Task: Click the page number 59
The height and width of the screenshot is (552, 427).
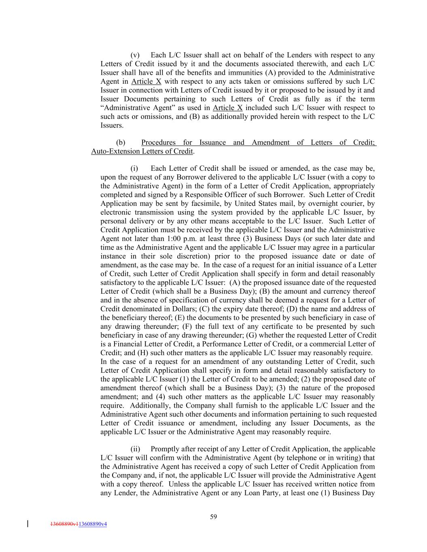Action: coord(213,516)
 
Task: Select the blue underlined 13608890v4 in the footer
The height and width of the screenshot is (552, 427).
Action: coord(93,524)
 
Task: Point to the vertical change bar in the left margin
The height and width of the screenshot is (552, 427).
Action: coord(28,524)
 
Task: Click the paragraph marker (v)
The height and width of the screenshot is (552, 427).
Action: coord(135,55)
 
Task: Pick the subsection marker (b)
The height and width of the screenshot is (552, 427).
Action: coord(121,142)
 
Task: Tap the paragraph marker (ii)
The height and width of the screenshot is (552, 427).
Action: coord(135,449)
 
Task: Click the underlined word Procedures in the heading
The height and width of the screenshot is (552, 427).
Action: coord(158,142)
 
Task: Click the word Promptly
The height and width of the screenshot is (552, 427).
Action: coord(165,449)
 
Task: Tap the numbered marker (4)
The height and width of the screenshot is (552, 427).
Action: coord(160,397)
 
